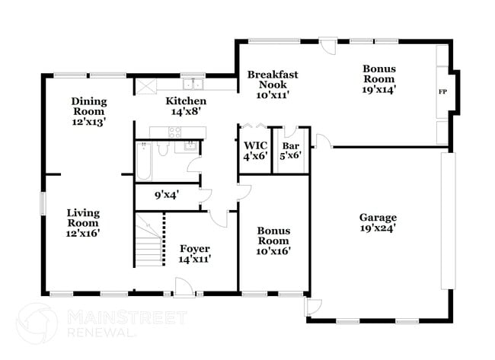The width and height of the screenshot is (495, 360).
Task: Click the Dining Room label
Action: coord(89,110)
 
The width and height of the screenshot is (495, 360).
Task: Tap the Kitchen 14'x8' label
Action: coord(186,106)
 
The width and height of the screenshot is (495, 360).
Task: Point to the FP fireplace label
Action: coord(442,92)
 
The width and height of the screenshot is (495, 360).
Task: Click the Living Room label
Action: coord(82,223)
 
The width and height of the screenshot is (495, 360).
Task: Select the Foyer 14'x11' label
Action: coord(194,253)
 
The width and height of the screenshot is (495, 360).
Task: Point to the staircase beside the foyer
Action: coord(150,239)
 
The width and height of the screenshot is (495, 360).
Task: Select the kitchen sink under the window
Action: coord(195,84)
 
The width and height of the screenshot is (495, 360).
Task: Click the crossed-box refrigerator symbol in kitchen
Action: coord(145,85)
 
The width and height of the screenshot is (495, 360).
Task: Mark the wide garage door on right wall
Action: coord(448,221)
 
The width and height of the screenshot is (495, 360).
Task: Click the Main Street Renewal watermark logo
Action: coord(37,323)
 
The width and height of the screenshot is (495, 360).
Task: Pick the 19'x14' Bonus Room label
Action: coord(378,78)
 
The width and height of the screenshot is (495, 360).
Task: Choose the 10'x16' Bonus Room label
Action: coord(273,240)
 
